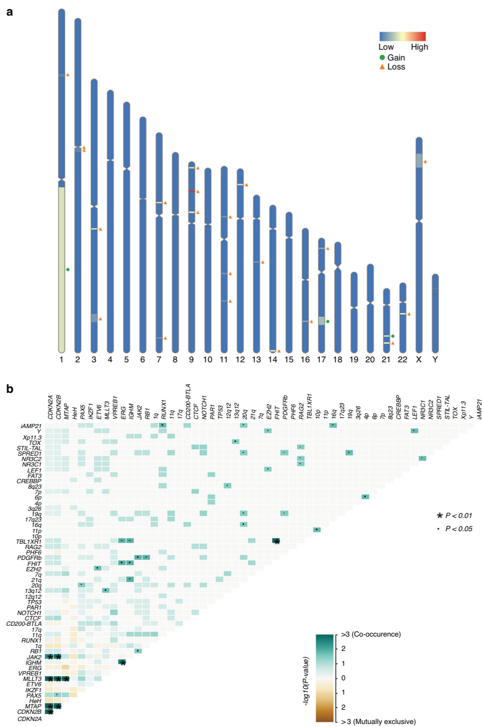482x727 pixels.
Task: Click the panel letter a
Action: [x=10, y=11]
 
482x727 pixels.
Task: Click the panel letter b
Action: [x=10, y=389]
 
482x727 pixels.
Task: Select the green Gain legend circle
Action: [x=383, y=57]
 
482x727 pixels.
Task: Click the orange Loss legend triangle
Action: [x=383, y=67]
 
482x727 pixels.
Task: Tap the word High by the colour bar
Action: [x=419, y=47]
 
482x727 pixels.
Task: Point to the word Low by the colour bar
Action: [x=386, y=47]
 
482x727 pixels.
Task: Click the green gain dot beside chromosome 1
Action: [x=68, y=269]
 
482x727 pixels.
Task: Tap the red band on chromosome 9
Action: [x=191, y=192]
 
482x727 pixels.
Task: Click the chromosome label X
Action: [x=419, y=360]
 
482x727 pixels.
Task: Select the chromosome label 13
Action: [x=256, y=360]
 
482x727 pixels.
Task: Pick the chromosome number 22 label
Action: [x=402, y=360]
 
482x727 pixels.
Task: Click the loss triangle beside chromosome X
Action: [x=425, y=162]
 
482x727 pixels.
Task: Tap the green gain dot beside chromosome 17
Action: [x=328, y=322]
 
